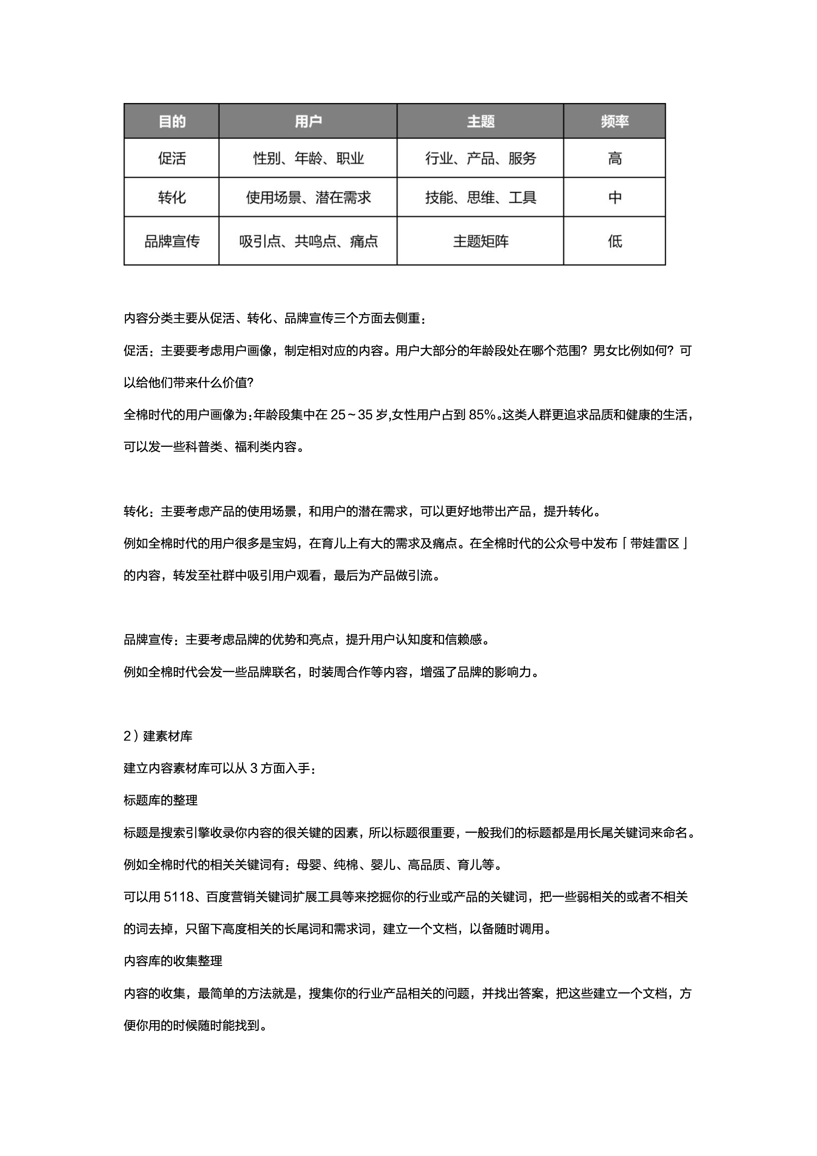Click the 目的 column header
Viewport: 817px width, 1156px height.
(172, 121)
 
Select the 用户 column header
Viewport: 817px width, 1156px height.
(308, 121)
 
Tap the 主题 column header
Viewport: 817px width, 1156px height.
(480, 121)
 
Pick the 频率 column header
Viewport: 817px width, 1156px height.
(614, 121)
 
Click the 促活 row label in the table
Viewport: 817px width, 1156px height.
(172, 158)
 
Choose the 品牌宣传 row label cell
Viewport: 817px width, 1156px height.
(172, 241)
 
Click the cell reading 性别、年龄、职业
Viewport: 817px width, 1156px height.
(308, 158)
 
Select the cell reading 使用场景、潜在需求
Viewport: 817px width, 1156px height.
(308, 197)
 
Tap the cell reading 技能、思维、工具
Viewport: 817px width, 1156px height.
(480, 197)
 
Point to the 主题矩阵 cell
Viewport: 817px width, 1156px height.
(480, 241)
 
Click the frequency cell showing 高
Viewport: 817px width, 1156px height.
(614, 158)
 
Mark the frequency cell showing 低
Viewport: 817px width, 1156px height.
(614, 241)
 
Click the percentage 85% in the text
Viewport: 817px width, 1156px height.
(482, 415)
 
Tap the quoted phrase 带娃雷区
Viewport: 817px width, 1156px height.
(655, 543)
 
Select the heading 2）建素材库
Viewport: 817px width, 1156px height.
(158, 736)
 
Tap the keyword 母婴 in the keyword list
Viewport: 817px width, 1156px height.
(308, 864)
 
